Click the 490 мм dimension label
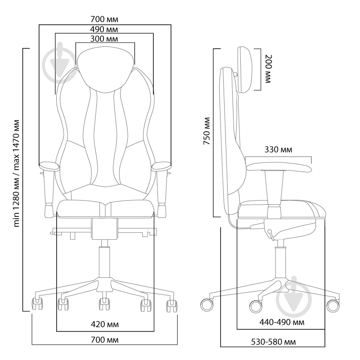tap(104, 29)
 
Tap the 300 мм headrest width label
tap(104, 39)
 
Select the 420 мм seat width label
tap(105, 324)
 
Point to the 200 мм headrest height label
tap(268, 69)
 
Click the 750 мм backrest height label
tap(207, 131)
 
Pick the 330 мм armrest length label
tap(278, 149)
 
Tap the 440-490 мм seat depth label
tap(282, 322)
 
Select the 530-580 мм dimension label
tap(273, 342)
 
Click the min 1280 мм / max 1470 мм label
tap(16, 173)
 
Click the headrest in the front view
tap(105, 69)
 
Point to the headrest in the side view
tap(245, 70)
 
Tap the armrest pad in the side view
tap(279, 167)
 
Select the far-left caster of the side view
tap(207, 305)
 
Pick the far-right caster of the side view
tap(333, 306)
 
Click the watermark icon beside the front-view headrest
tap(60, 63)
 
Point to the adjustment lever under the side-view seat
tap(271, 234)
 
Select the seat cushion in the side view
tap(282, 209)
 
